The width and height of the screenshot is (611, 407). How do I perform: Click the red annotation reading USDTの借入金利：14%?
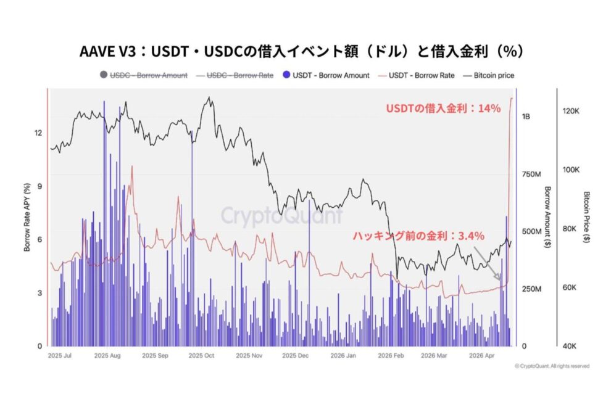443,109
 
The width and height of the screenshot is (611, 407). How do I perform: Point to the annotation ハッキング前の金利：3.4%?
418,235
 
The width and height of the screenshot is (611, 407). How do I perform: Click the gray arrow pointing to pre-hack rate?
487,263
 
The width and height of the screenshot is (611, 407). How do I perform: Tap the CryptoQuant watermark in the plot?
281,216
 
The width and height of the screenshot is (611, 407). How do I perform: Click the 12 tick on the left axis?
38,133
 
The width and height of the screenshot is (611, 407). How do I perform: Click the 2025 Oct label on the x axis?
201,356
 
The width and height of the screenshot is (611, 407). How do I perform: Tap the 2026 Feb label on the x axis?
390,356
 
